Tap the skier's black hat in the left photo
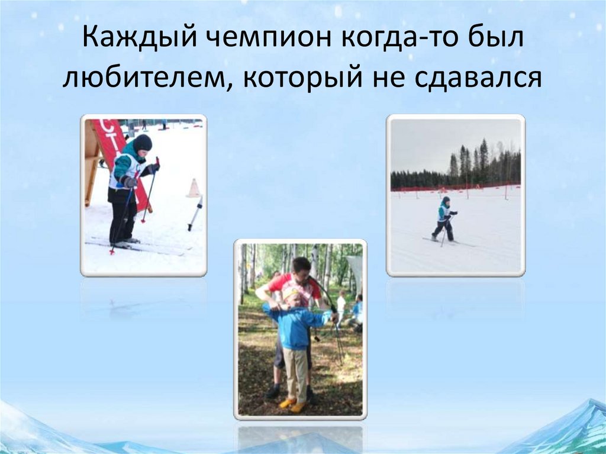click(x=142, y=142)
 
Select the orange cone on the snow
click(x=194, y=188)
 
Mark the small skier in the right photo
click(x=444, y=220)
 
